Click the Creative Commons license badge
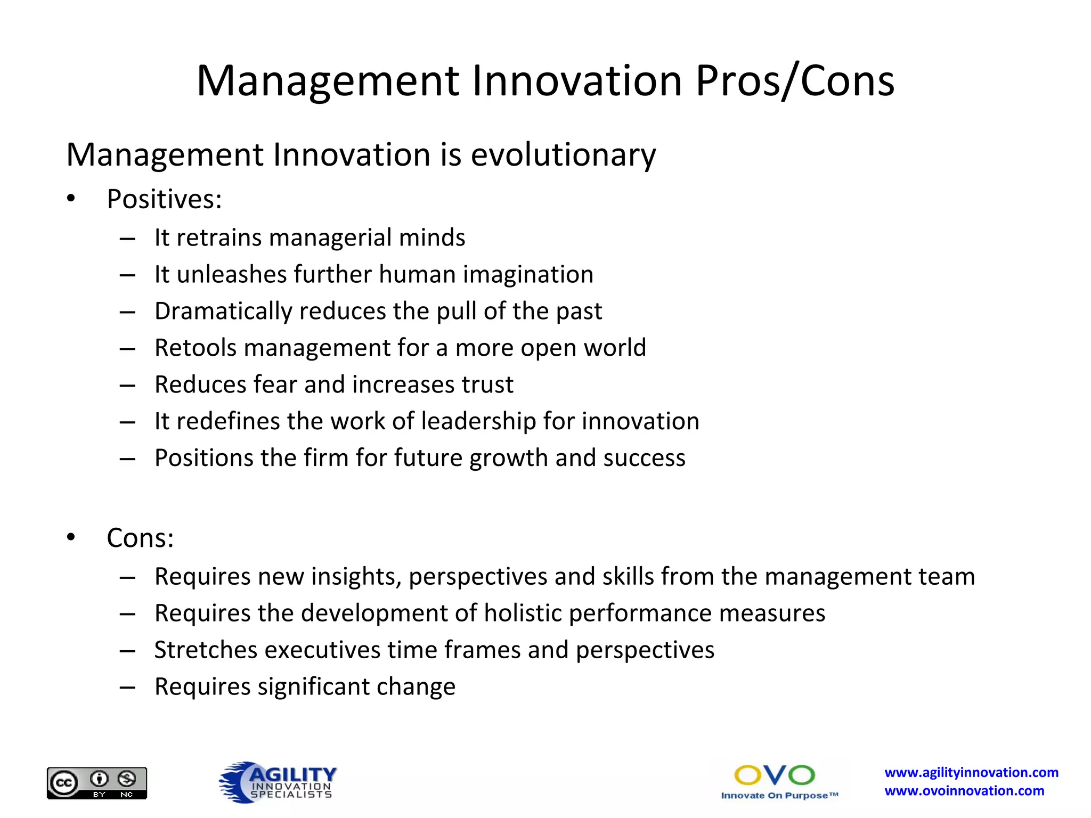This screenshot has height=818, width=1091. (x=96, y=782)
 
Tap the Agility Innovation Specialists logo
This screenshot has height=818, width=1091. (x=279, y=782)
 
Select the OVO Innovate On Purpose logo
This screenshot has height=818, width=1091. (x=779, y=782)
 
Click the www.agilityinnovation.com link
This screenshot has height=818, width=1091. (x=971, y=772)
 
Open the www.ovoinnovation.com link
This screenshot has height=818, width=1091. (x=964, y=791)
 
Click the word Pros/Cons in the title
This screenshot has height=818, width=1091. (x=795, y=81)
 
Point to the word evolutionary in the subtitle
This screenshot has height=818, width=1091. (x=563, y=155)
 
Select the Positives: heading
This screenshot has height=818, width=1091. (x=164, y=199)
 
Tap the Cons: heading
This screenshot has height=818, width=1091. (x=140, y=538)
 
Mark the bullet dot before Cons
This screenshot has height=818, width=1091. (x=71, y=537)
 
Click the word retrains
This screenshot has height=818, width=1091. (x=218, y=238)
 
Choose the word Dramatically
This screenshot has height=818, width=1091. (x=223, y=312)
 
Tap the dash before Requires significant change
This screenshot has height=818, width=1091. (x=127, y=687)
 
